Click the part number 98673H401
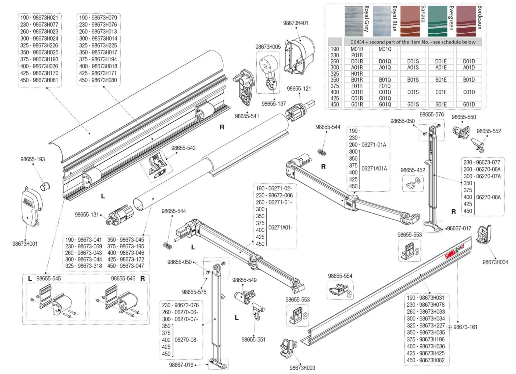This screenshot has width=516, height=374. pos(295,23)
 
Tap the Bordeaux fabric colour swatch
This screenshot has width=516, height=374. pos(466,21)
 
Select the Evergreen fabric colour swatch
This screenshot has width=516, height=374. pos(438,21)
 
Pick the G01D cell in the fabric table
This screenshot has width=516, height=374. pos(469,104)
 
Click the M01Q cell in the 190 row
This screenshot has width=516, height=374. pos(385,49)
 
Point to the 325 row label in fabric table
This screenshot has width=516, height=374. pos(335,74)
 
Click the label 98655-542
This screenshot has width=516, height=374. pos(183,148)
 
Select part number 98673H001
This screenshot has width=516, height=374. pos(25,244)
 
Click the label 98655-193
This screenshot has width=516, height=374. pos(33,159)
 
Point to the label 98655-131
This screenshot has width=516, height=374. pos(87,215)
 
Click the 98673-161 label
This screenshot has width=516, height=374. pos(465,327)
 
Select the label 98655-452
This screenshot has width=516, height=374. pos(413,170)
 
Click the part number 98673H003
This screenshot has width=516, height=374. pos(302,368)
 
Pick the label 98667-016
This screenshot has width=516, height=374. pos(181,365)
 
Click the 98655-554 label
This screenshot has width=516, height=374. pos(340,276)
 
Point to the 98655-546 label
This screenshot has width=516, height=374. pos(123,278)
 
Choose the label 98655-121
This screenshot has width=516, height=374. pos(299,89)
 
